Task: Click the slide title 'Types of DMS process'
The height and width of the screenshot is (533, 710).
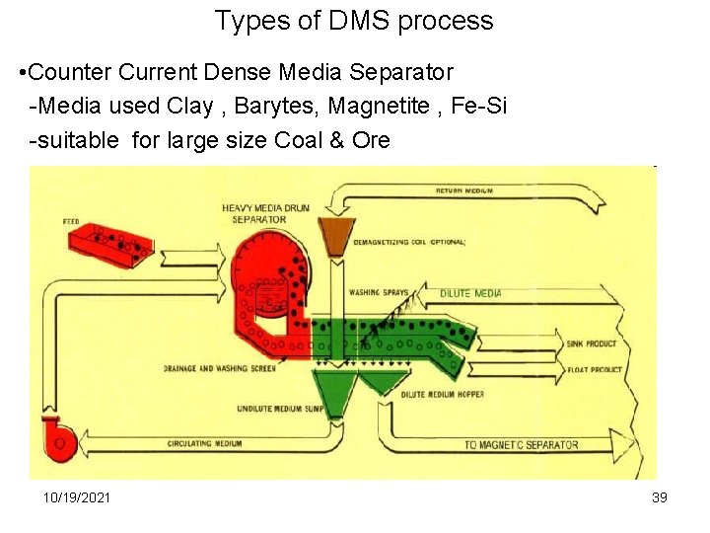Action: [354, 21]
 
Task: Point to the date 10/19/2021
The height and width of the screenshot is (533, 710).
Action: [77, 496]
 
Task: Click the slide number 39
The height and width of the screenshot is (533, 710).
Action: [660, 496]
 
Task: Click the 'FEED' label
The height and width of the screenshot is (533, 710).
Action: [71, 222]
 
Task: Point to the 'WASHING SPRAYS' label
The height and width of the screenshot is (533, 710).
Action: [378, 293]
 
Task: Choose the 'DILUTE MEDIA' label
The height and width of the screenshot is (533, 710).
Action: [470, 293]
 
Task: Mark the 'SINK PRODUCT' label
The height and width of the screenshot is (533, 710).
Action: [592, 344]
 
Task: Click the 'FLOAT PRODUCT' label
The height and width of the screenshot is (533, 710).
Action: [594, 369]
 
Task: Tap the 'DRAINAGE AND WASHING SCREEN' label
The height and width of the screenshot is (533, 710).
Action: [219, 369]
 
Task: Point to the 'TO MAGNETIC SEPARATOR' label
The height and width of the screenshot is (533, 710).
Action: [521, 445]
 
